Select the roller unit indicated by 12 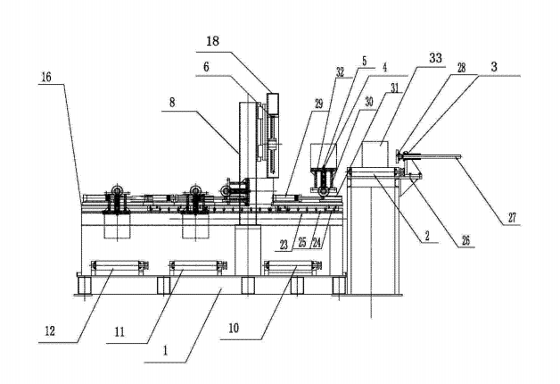(116, 266)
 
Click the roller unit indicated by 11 (194, 266)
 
